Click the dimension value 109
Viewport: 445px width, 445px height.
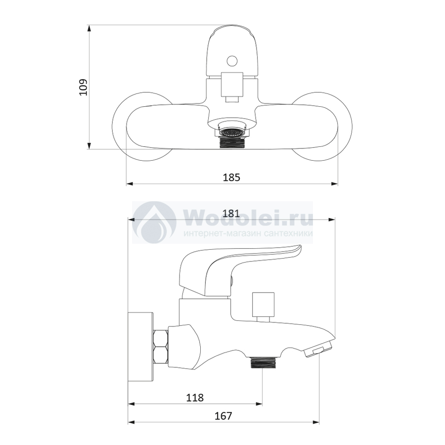84,87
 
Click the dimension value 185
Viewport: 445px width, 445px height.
231,178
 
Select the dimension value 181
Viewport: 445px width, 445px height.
231,213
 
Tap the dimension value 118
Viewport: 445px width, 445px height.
195,398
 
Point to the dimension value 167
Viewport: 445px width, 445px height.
223,416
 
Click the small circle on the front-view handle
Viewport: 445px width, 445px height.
232,61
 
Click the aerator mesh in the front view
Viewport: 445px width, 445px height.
232,132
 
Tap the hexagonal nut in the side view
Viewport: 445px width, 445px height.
160,346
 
